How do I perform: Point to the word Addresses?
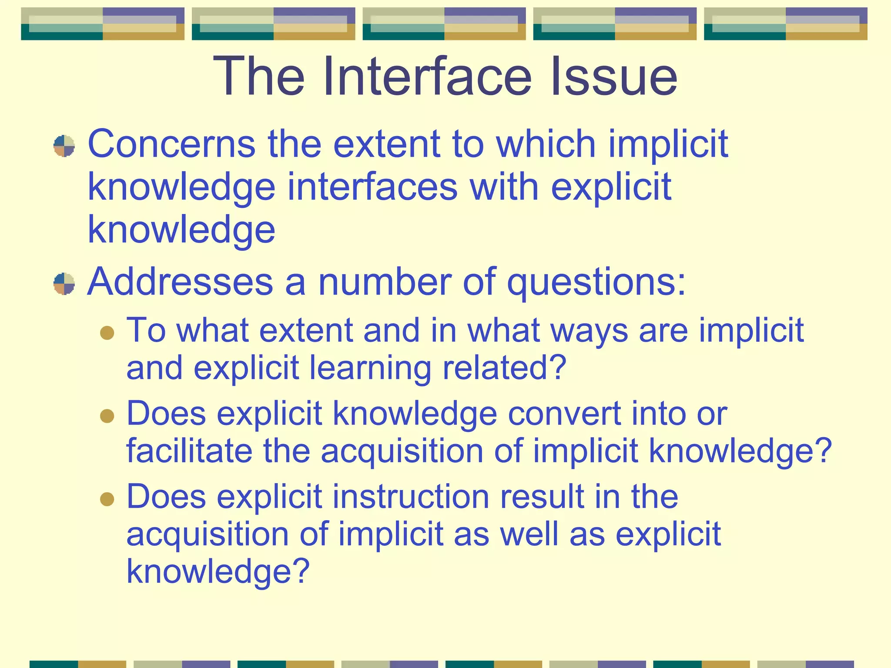(x=180, y=282)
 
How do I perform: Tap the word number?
(x=385, y=282)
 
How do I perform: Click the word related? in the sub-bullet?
(x=504, y=368)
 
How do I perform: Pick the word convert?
(x=564, y=414)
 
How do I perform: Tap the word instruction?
(x=411, y=497)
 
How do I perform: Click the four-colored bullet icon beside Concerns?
(x=64, y=146)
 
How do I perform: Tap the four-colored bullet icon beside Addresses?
(x=64, y=284)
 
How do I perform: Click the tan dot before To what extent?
(x=107, y=333)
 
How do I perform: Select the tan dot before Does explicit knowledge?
(x=107, y=416)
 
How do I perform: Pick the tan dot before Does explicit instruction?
(x=107, y=498)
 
